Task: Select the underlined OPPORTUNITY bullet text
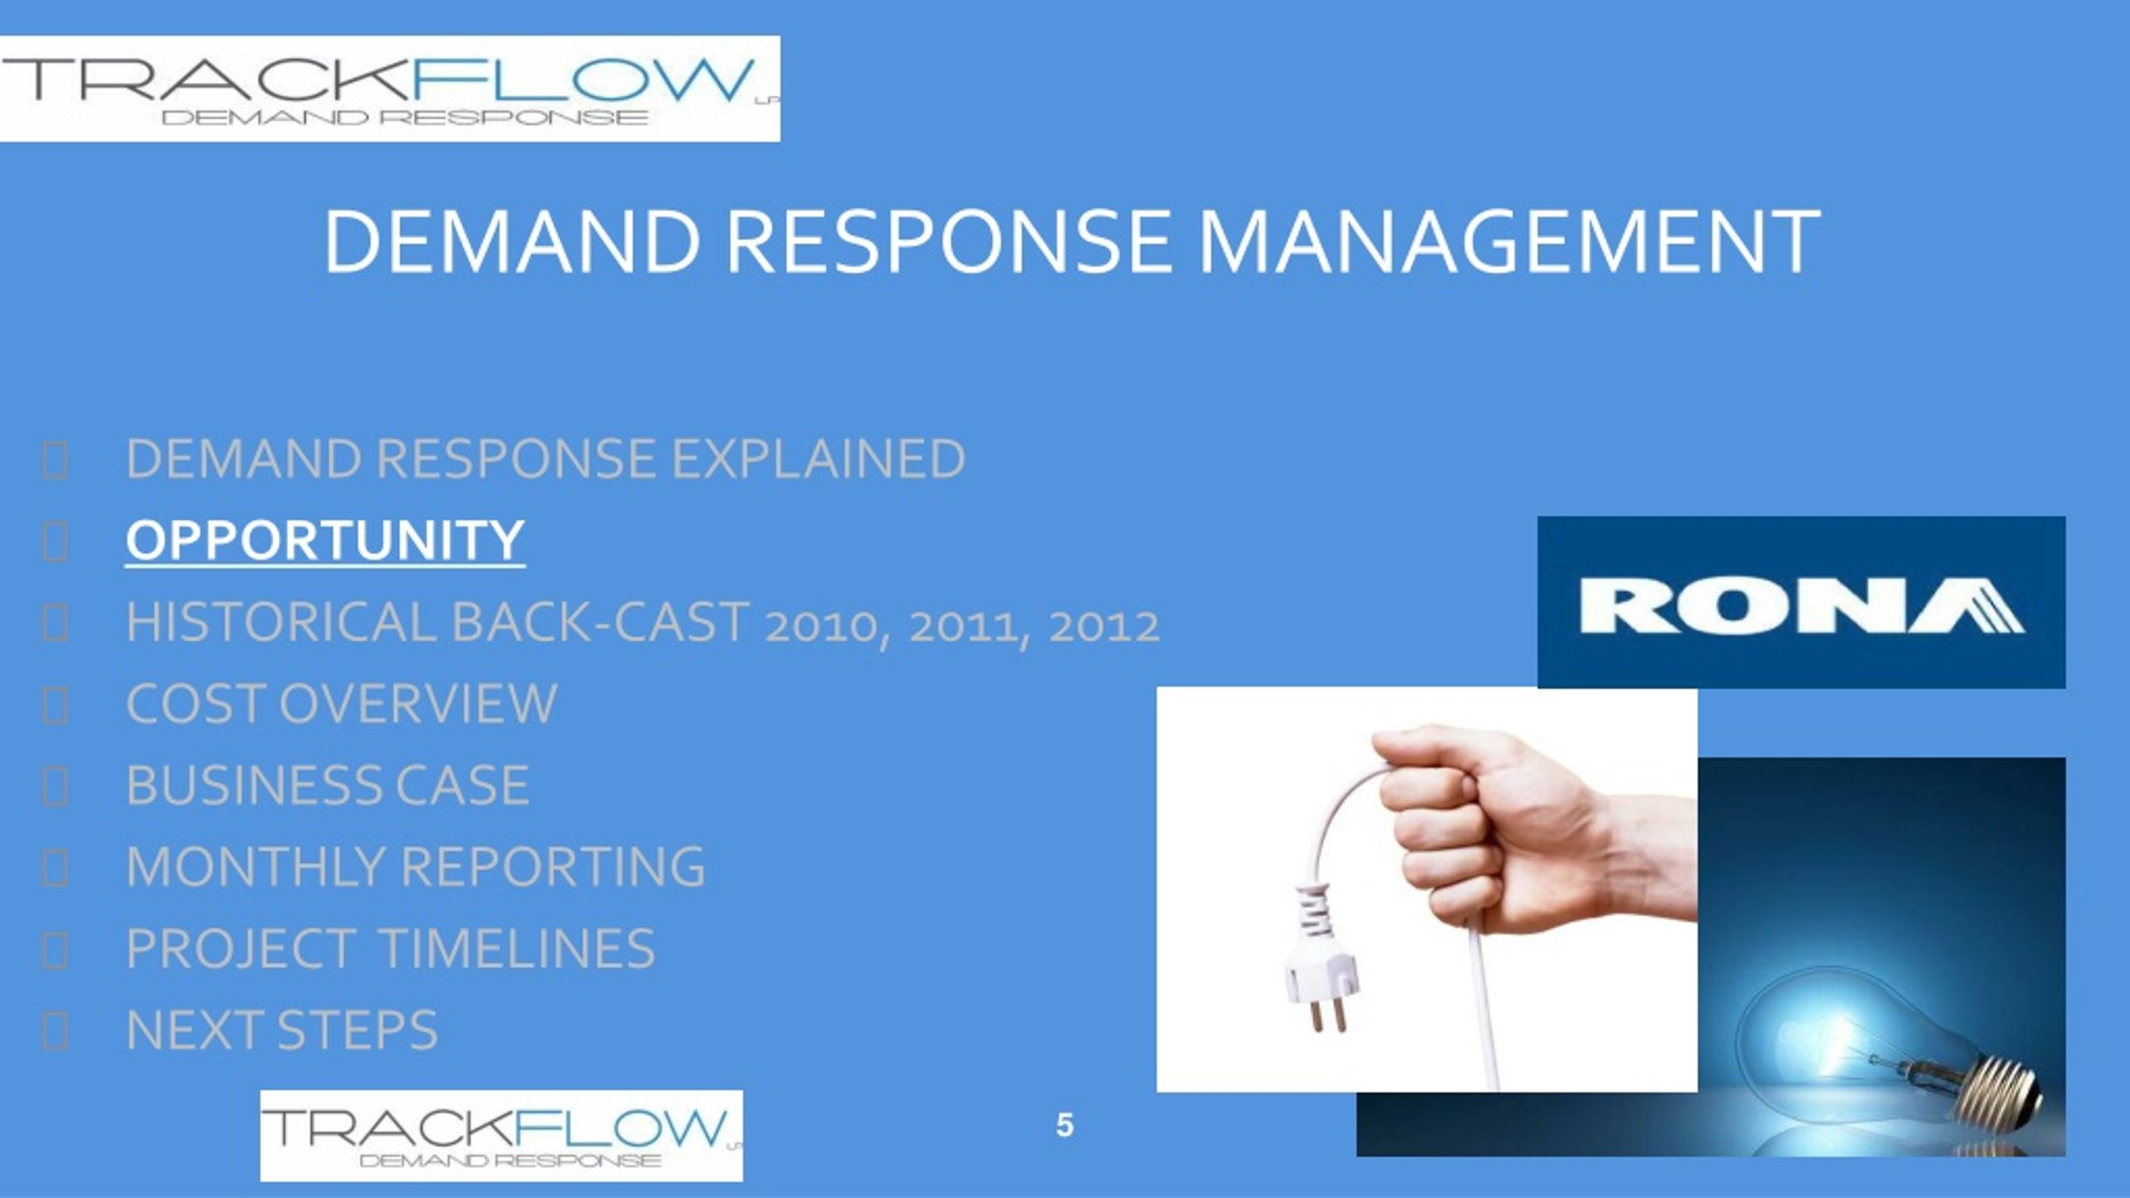point(325,540)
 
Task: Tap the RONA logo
point(1801,602)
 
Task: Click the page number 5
point(1065,1126)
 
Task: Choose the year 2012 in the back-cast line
point(1104,626)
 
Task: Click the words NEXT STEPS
point(281,1030)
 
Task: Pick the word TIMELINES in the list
point(517,948)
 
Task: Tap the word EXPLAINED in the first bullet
point(818,458)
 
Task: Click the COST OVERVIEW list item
point(341,704)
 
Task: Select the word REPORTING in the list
point(553,867)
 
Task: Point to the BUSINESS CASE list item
point(328,785)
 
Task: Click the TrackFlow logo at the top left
point(389,89)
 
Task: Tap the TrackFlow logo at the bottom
point(502,1136)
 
